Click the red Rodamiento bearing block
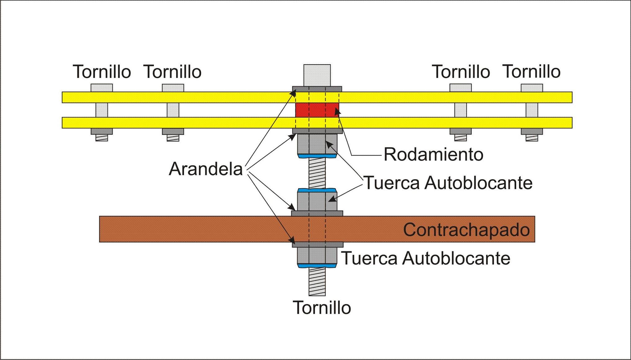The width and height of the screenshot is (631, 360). click(x=317, y=110)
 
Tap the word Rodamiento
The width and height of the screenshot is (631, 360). click(x=433, y=154)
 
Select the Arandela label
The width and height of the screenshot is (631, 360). click(x=206, y=169)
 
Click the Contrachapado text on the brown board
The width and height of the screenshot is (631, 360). click(x=466, y=230)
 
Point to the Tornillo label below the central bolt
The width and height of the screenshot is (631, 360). click(x=322, y=308)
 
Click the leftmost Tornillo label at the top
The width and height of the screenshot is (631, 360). click(x=102, y=72)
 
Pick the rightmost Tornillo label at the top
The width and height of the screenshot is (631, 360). click(x=531, y=72)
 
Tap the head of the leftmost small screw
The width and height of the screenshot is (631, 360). click(x=102, y=88)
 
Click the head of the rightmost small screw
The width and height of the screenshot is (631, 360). click(x=532, y=88)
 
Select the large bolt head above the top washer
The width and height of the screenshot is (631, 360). click(x=317, y=75)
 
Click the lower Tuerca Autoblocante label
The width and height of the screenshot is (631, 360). click(x=426, y=258)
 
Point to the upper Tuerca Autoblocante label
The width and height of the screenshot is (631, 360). click(x=448, y=183)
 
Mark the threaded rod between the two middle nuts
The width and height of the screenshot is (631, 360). click(x=317, y=173)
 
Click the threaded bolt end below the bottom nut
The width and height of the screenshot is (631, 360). click(x=317, y=282)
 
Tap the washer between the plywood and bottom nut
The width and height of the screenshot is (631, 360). click(x=317, y=245)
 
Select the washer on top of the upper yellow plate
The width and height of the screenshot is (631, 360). click(x=317, y=89)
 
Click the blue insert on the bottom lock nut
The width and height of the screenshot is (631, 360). click(x=317, y=266)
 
